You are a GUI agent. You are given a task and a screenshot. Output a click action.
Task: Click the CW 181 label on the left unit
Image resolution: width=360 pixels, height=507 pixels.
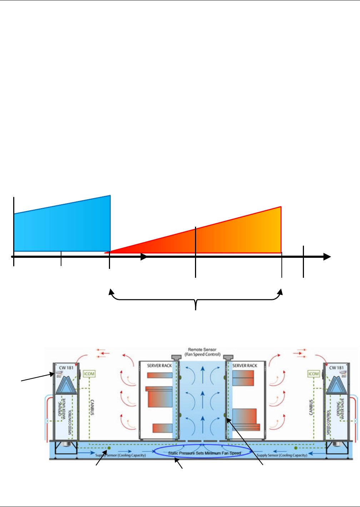tap(66, 367)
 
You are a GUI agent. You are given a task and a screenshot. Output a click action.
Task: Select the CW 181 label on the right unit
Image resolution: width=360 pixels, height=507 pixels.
tap(336, 367)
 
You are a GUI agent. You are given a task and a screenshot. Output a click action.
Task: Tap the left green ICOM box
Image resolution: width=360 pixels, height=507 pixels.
tap(89, 374)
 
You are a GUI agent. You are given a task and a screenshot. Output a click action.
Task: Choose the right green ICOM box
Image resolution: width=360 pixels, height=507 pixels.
tap(314, 374)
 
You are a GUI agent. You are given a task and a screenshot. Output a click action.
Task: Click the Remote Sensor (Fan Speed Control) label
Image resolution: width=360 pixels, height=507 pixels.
tap(202, 352)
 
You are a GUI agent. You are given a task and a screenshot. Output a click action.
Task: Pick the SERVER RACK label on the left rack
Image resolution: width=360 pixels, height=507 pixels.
tap(159, 366)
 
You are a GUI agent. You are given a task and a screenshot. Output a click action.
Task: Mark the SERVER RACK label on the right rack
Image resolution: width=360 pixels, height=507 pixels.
tap(245, 366)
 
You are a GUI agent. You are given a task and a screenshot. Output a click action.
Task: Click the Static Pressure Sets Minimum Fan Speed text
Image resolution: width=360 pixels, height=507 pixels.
tap(204, 453)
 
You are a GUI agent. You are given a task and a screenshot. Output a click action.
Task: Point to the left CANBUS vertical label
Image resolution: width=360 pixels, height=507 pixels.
tap(92, 407)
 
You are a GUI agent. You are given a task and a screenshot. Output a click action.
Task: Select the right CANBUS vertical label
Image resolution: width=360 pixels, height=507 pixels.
tap(311, 407)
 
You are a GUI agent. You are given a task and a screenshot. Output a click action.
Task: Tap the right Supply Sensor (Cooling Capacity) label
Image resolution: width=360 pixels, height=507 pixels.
tap(282, 455)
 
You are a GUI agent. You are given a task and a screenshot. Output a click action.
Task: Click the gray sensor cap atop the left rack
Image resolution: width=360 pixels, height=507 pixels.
tap(176, 357)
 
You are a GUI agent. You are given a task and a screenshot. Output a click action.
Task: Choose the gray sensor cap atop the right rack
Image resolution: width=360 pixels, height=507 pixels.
tap(228, 357)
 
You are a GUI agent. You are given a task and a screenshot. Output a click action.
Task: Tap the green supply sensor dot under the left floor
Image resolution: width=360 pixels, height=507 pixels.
tap(109, 448)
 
